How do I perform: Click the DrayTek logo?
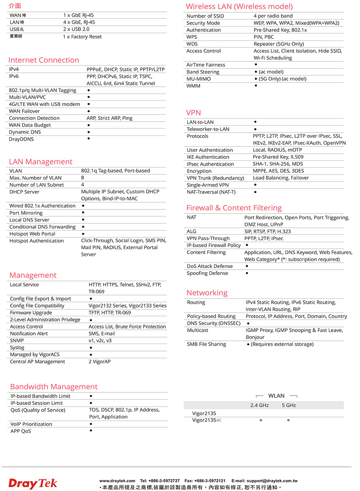33,483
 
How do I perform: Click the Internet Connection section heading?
44,60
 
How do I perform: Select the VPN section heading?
193,113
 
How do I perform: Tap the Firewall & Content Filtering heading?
234,208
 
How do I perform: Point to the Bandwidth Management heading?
54,387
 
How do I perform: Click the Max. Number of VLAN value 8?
83,178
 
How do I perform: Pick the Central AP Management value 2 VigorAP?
99,362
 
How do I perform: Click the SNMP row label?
17,340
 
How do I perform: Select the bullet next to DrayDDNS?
89,139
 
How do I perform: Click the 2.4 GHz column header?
259,405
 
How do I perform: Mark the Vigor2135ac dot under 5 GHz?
288,420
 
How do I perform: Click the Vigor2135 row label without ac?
204,413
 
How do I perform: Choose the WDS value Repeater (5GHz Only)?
279,44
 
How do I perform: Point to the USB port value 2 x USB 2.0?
76,29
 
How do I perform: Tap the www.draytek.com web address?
117,480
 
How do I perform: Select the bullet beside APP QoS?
90,431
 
